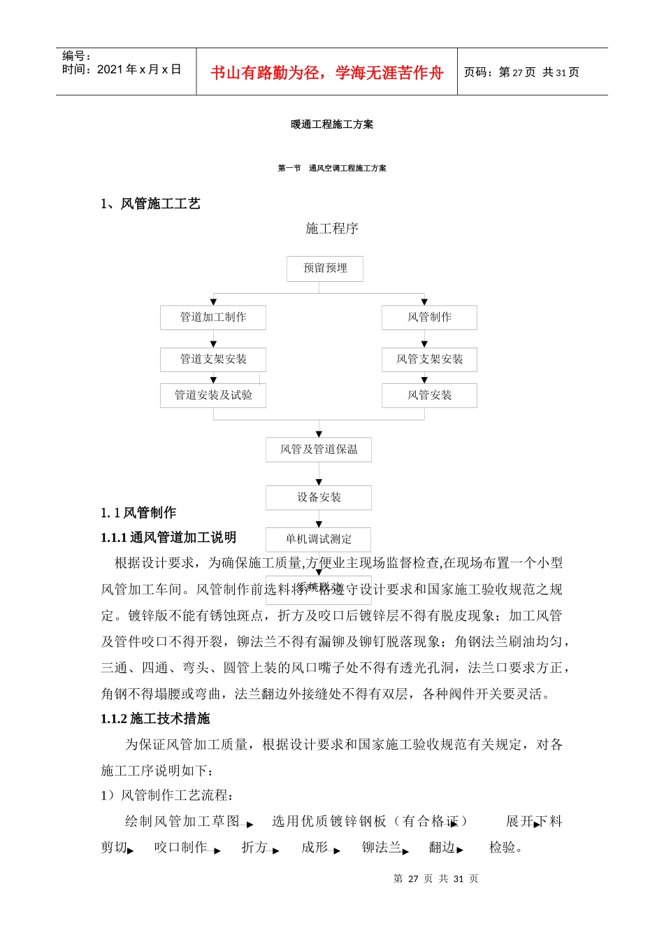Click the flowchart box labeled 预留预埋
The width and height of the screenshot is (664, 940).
pyautogui.click(x=325, y=269)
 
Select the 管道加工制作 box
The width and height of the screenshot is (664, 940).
pyautogui.click(x=213, y=318)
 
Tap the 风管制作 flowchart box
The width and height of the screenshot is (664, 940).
pyautogui.click(x=429, y=318)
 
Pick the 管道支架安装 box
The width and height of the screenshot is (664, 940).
pyautogui.click(x=213, y=359)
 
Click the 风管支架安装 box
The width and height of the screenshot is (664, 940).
pyautogui.click(x=429, y=359)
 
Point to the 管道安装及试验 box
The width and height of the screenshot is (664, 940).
pyautogui.click(x=213, y=395)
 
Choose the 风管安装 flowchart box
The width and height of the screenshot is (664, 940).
pyautogui.click(x=429, y=395)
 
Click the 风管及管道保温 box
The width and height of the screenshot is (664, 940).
pyautogui.click(x=319, y=450)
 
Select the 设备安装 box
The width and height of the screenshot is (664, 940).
pyautogui.click(x=319, y=497)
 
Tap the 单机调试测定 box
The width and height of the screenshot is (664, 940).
pyautogui.click(x=319, y=539)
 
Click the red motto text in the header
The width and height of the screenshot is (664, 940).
pyautogui.click(x=326, y=73)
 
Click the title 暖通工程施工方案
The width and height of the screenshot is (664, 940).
pyautogui.click(x=332, y=124)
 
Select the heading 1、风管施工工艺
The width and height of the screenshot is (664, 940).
pyautogui.click(x=150, y=204)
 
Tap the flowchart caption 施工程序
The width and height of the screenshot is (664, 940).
pyautogui.click(x=332, y=229)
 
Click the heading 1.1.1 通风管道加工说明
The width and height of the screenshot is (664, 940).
pyautogui.click(x=168, y=537)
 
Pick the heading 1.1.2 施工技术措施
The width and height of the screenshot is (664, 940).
pyautogui.click(x=155, y=718)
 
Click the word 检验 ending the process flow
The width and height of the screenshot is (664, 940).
pyautogui.click(x=503, y=848)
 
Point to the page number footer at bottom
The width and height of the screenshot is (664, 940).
pyautogui.click(x=436, y=879)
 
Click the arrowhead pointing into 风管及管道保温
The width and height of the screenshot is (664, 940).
pyautogui.click(x=319, y=434)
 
